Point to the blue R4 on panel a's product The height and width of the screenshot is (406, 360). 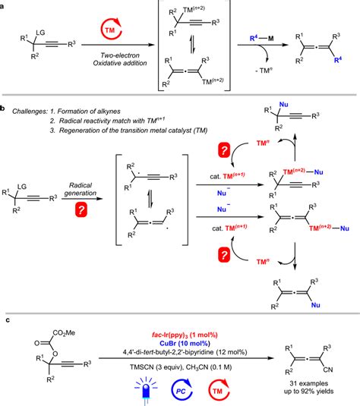point(352,72)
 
